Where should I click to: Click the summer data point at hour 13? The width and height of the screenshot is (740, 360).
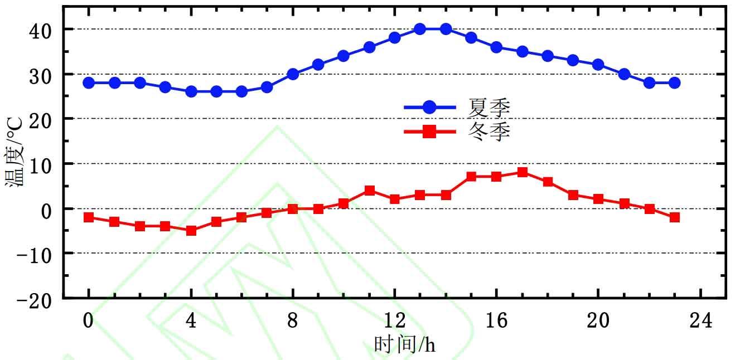[x=420, y=29]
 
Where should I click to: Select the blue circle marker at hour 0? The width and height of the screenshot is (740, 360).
[x=88, y=82]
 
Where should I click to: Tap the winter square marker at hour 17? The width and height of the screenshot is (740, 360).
[x=522, y=172]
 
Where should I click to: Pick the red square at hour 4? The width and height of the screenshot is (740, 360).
[x=191, y=230]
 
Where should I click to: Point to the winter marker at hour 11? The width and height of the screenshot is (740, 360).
[x=369, y=191]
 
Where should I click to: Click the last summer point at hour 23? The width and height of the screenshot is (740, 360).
[x=674, y=82]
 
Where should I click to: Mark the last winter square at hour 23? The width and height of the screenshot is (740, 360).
[x=674, y=217]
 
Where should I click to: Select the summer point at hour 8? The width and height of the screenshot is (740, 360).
[x=293, y=74]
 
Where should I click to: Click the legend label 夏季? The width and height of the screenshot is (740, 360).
[x=489, y=107]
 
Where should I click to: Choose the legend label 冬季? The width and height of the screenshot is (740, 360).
[x=489, y=132]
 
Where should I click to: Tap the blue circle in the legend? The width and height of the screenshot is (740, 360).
[x=430, y=107]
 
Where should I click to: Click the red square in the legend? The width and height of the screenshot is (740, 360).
[x=430, y=132]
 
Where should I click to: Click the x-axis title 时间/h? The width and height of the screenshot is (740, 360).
[x=405, y=345]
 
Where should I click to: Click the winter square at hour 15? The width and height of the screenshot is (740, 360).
[x=471, y=177]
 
